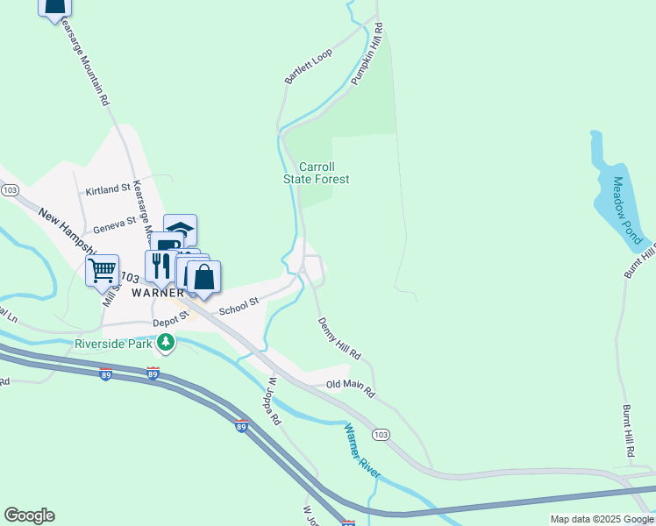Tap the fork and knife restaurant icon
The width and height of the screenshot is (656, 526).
tap(160, 264)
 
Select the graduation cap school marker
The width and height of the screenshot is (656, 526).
tap(181, 229)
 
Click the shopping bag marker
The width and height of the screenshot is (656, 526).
tap(203, 276)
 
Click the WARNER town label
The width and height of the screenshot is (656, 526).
tap(157, 293)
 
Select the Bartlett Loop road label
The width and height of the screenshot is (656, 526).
tap(308, 67)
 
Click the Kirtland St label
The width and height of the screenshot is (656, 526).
tap(107, 190)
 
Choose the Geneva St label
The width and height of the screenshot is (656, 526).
tap(115, 222)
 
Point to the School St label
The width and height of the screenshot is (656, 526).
tap(239, 306)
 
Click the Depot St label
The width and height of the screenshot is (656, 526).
tap(171, 320)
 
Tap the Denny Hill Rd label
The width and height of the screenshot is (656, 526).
tap(339, 339)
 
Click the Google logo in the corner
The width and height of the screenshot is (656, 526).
tap(29, 515)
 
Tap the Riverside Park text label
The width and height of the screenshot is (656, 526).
tap(113, 342)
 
